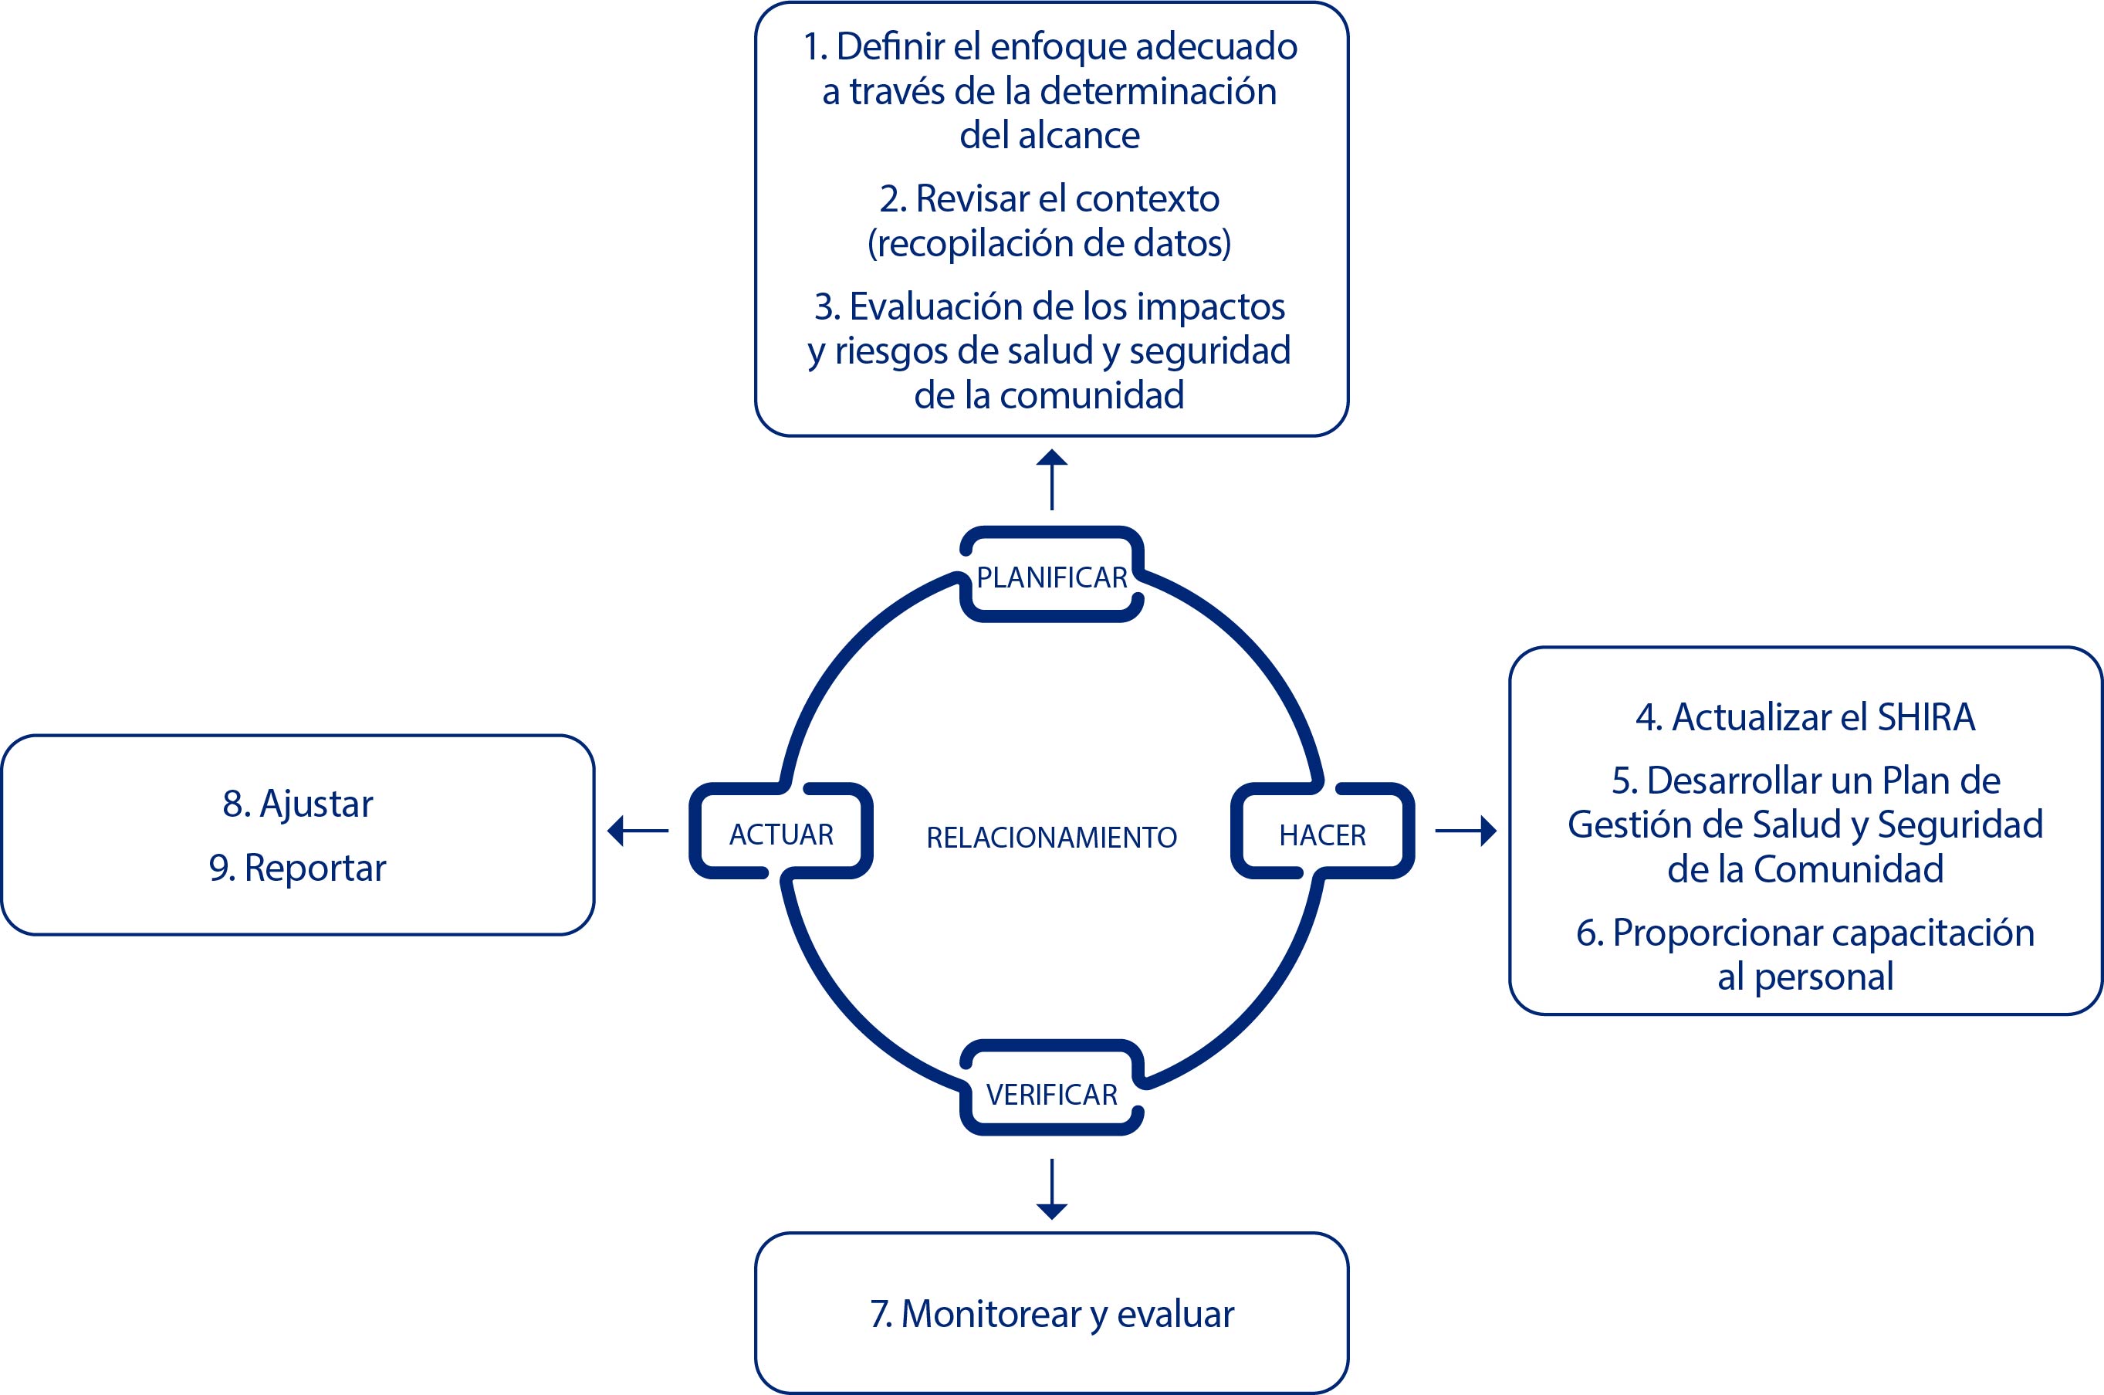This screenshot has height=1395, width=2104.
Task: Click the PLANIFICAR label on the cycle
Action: pyautogui.click(x=1051, y=577)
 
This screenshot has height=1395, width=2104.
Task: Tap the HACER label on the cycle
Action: pyautogui.click(x=1322, y=835)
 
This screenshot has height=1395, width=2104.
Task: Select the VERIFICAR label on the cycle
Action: pyautogui.click(x=1051, y=1093)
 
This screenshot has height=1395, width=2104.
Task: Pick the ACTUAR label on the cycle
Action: pyautogui.click(x=781, y=835)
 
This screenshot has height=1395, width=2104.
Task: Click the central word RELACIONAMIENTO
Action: pyautogui.click(x=1051, y=837)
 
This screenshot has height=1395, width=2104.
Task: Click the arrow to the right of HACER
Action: pyautogui.click(x=1466, y=831)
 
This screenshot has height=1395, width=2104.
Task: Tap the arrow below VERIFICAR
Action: pyautogui.click(x=1052, y=1189)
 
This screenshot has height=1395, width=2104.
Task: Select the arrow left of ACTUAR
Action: pyautogui.click(x=638, y=831)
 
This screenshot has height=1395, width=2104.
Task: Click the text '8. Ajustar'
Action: pyautogui.click(x=297, y=804)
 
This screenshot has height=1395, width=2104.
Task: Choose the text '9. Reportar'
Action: pyautogui.click(x=297, y=868)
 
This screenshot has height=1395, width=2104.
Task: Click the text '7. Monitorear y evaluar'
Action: pyautogui.click(x=1052, y=1314)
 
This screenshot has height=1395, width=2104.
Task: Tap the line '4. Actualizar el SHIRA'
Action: pyautogui.click(x=1805, y=717)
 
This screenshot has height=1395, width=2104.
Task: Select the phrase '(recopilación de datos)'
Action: pyautogui.click(x=1050, y=243)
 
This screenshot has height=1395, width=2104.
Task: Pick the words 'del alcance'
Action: pyautogui.click(x=1050, y=135)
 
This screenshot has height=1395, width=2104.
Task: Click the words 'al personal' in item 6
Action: pyautogui.click(x=1805, y=977)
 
